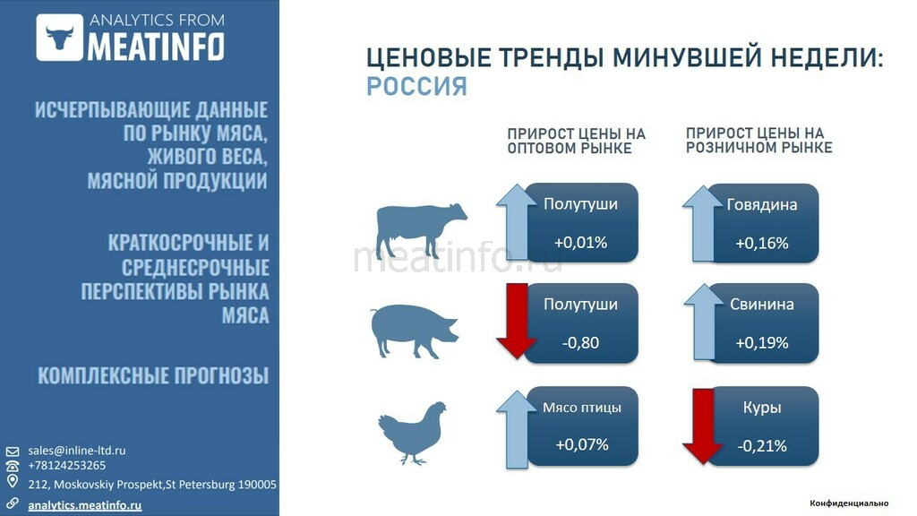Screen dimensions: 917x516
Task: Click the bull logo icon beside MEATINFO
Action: [60, 38]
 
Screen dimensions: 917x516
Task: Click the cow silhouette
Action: [421, 230]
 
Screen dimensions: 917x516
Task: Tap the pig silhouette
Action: [415, 331]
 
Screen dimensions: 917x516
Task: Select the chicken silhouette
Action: [412, 433]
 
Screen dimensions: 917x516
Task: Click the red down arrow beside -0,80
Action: [517, 321]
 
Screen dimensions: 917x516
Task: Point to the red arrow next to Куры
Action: [703, 426]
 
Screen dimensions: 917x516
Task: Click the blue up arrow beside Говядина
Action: [703, 223]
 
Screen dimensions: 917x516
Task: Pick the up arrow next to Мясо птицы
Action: [517, 429]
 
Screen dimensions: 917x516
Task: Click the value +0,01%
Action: [580, 242]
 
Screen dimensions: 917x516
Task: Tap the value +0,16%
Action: [762, 243]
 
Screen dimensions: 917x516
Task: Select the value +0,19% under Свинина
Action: [762, 342]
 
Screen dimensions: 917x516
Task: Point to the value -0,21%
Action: [762, 446]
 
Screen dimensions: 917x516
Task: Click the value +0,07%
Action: [582, 444]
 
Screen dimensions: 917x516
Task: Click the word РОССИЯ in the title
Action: [417, 87]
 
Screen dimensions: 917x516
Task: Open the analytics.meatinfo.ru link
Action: [85, 505]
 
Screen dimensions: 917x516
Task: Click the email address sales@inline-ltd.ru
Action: [77, 451]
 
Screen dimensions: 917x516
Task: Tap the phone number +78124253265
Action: [66, 466]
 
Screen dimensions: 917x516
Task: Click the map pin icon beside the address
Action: [13, 481]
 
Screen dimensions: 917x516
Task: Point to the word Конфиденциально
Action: [849, 503]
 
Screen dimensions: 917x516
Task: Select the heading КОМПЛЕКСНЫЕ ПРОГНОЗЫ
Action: [153, 375]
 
